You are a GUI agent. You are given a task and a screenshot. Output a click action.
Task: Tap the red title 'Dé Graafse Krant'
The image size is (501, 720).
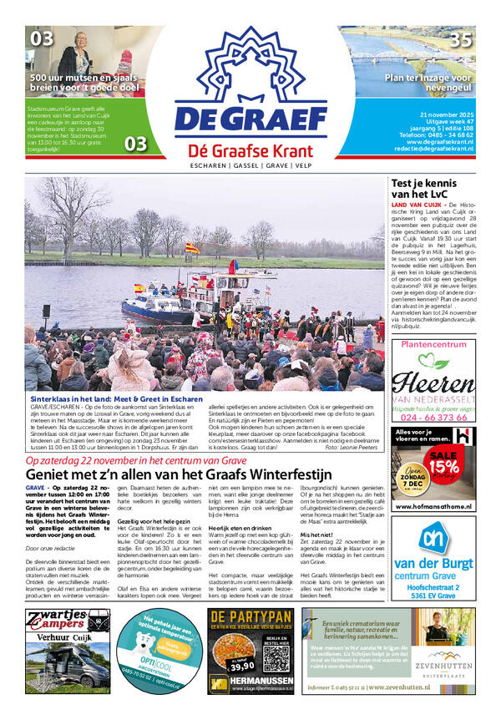250,151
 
